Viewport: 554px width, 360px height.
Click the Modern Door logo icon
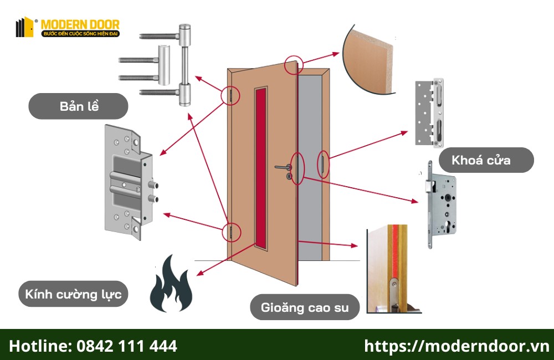[25, 27]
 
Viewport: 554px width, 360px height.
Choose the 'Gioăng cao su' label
[304, 307]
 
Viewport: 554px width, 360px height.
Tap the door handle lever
[283, 166]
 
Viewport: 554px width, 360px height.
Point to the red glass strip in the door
[260, 166]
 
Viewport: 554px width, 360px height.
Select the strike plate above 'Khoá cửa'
[430, 114]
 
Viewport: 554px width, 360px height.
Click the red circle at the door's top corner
[294, 65]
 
